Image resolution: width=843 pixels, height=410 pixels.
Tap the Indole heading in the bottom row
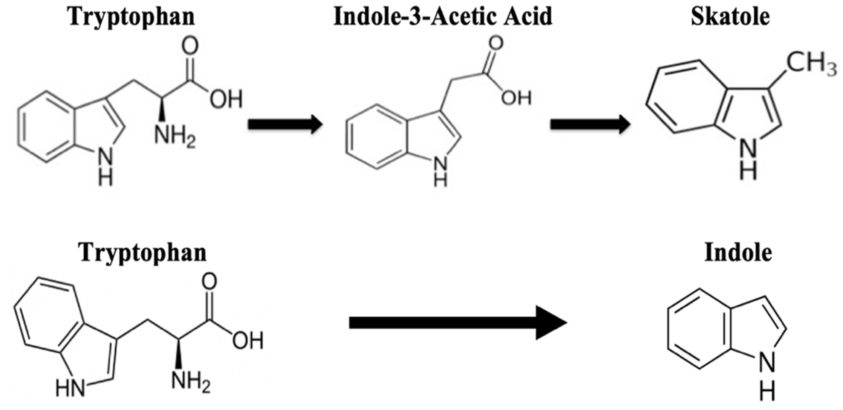(x=738, y=253)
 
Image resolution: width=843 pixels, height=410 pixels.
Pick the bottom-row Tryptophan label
(x=143, y=253)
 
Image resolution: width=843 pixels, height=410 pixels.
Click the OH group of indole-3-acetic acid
(x=517, y=97)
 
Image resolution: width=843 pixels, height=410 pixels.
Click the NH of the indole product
(x=767, y=383)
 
